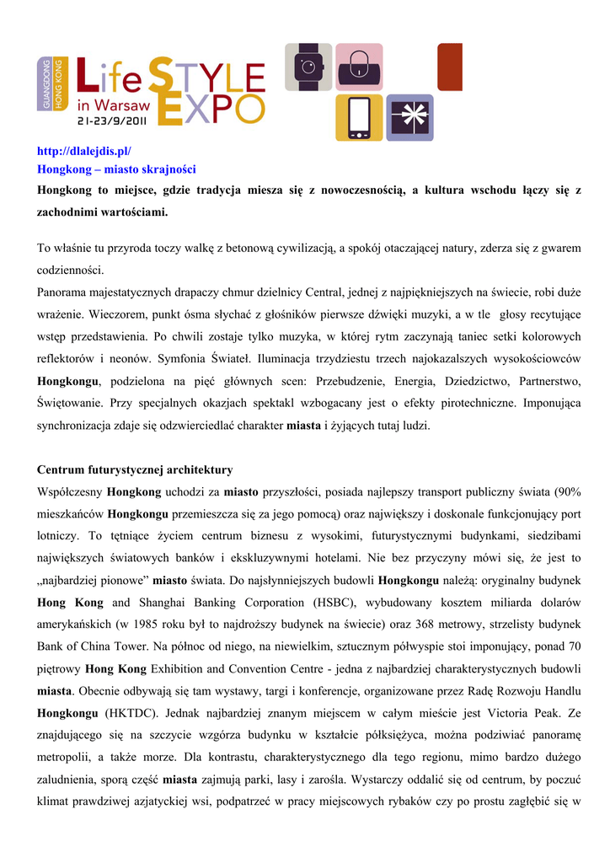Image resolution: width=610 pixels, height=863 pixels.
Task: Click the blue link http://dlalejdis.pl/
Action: coord(84,151)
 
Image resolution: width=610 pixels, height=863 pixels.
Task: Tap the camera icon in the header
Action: coord(308,67)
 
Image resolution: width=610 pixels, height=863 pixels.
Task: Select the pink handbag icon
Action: coord(359,67)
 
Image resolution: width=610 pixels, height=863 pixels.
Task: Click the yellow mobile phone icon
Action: coord(359,118)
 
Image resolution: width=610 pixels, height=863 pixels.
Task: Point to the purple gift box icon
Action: coord(410,118)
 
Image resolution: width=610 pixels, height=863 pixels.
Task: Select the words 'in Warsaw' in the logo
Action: coord(113,106)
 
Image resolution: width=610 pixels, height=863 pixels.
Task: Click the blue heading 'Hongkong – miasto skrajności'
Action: coord(116,169)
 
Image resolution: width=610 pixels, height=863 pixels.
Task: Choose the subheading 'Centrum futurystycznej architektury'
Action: coord(135,469)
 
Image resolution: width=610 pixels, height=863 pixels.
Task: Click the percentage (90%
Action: coord(563,491)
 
